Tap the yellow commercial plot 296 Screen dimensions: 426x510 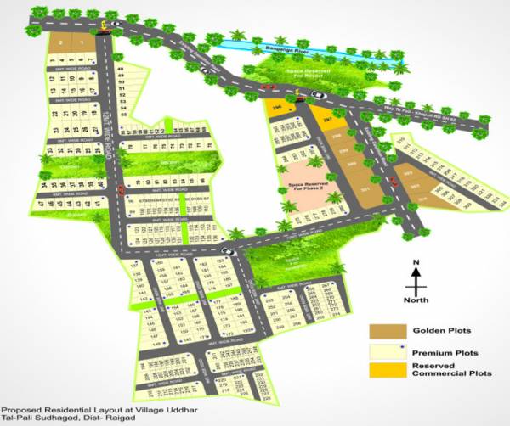coord(280,109)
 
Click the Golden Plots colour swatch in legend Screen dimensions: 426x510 coord(382,330)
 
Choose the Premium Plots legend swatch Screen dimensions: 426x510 coord(382,350)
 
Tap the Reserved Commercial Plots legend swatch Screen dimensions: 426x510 coord(382,370)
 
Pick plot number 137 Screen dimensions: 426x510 coord(134,265)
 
